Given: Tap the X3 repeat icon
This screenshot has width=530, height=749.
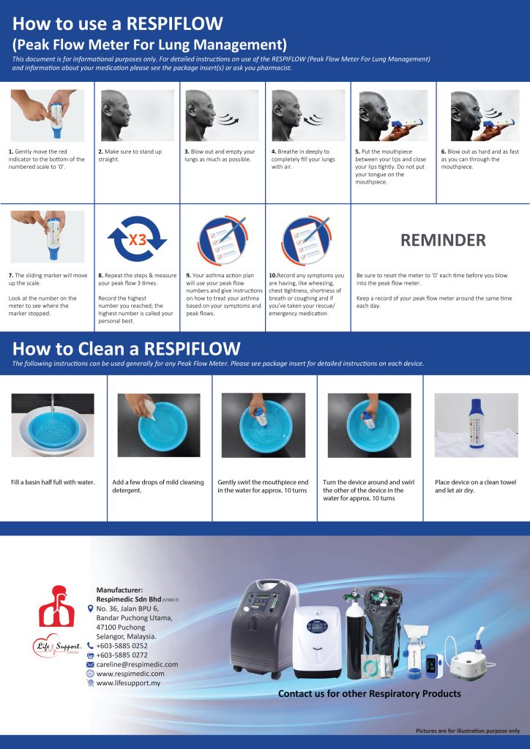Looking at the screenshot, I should [x=137, y=239].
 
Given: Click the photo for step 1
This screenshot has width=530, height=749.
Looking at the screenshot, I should [x=48, y=116].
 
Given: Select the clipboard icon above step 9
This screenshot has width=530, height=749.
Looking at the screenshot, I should [x=221, y=238].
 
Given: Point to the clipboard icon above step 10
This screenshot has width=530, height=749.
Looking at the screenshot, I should [x=307, y=238].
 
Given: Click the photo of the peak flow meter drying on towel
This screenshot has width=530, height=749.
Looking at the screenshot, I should [x=476, y=426].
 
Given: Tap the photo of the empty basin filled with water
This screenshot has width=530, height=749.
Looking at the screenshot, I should [x=53, y=426].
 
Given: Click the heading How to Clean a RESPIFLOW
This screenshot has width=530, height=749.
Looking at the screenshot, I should [x=126, y=348].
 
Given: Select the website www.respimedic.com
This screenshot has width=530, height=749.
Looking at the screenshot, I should [x=130, y=674].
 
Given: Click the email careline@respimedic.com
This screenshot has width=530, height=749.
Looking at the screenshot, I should [x=137, y=664].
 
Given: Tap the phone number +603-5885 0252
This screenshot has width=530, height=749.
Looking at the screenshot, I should [x=122, y=646].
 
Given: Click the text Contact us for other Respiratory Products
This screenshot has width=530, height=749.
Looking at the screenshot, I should [x=369, y=693].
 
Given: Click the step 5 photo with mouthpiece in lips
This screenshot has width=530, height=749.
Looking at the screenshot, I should [x=392, y=116].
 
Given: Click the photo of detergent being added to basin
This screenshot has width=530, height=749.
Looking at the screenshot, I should [x=158, y=426].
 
